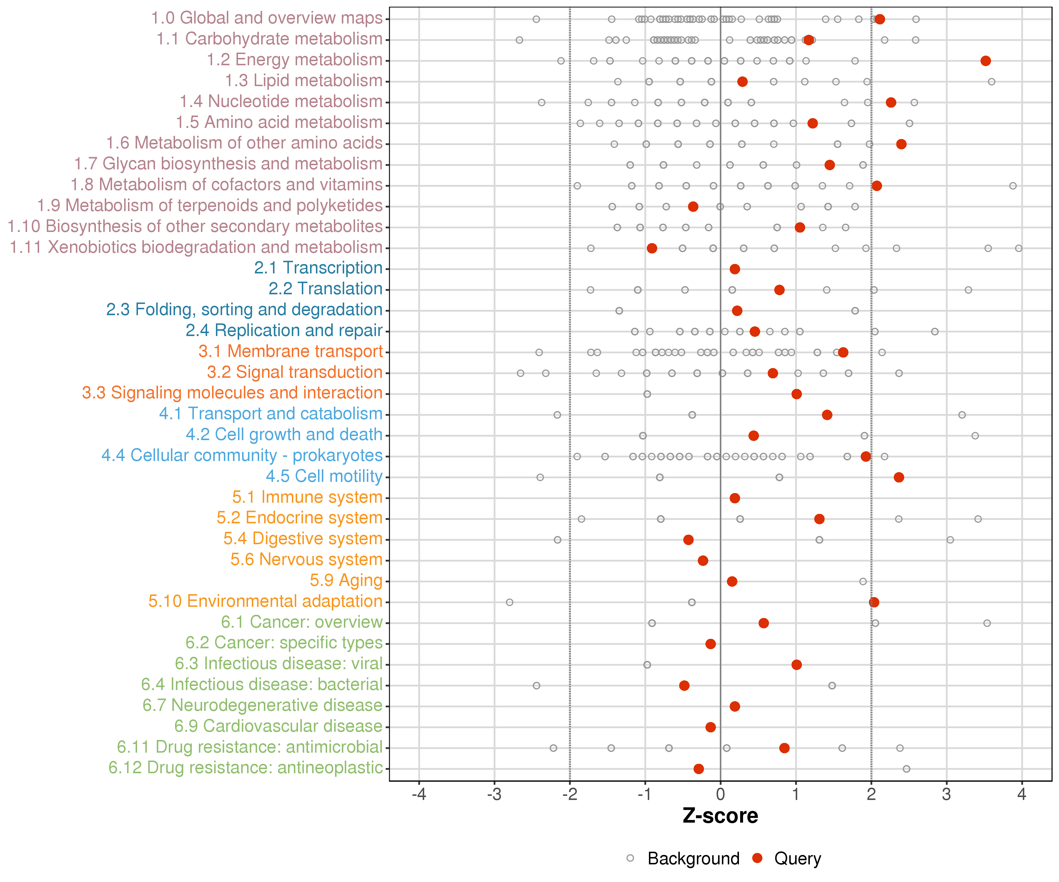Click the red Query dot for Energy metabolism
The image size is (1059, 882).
985,61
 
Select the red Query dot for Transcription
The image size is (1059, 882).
735,269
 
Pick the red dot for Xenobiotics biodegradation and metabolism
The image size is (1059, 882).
652,248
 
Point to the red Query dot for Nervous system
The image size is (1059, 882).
703,560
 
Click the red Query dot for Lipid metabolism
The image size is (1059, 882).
742,82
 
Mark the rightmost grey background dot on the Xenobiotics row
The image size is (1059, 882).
1019,248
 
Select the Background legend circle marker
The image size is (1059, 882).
630,858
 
